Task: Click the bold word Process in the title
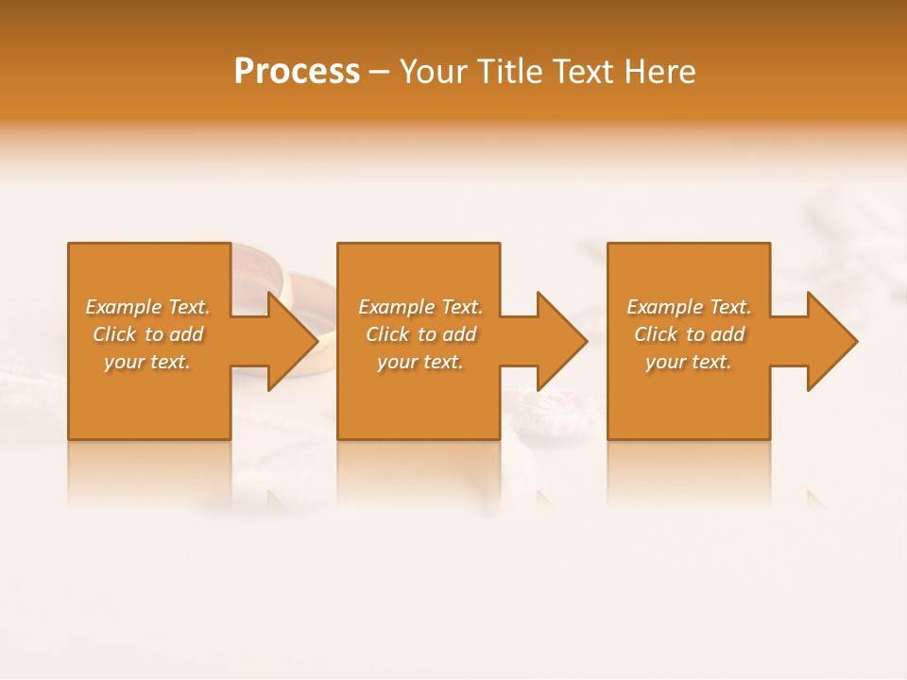tap(297, 72)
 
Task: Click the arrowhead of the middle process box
tap(561, 341)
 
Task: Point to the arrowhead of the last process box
tap(831, 341)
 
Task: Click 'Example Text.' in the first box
tap(147, 307)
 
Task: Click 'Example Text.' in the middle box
tap(420, 307)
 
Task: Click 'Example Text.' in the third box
tap(689, 307)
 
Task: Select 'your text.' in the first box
tap(147, 362)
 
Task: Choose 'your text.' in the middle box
tap(420, 362)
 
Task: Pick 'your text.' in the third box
tap(689, 362)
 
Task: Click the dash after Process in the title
tap(380, 73)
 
